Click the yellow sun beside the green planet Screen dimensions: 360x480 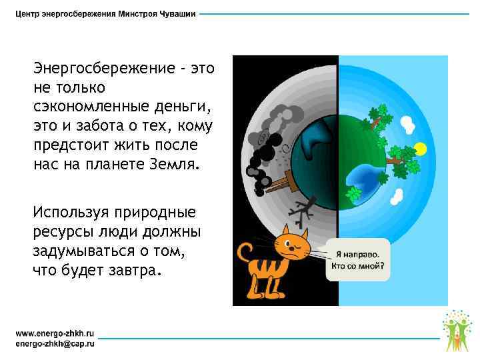[419, 147]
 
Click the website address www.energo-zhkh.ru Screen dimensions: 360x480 [54, 331]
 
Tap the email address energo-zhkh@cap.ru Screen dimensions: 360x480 [55, 343]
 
